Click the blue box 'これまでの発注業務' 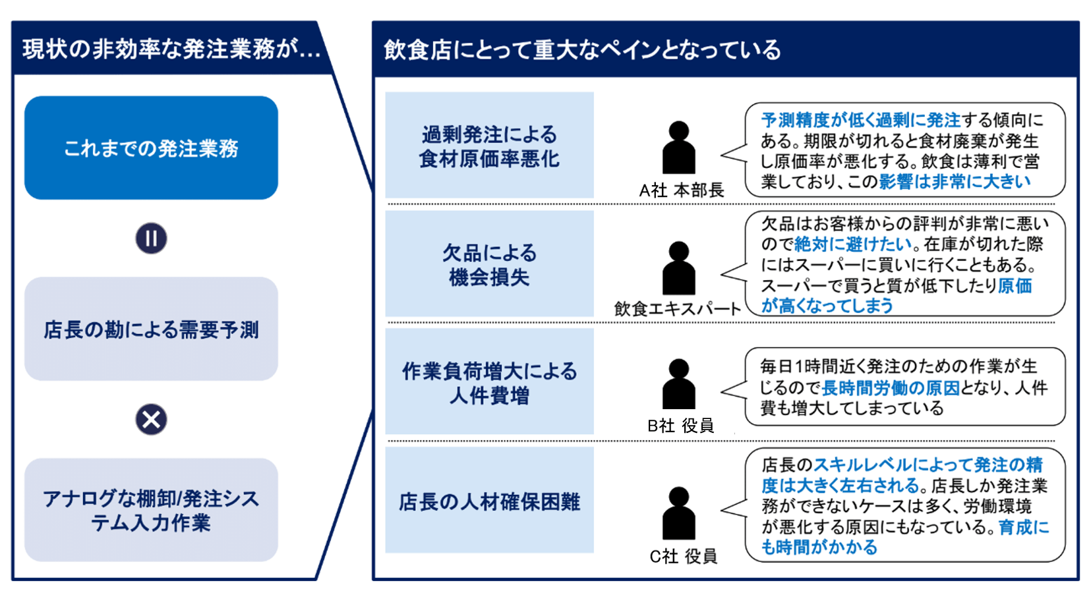click(151, 148)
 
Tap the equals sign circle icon click(151, 239)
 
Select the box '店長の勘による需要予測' click(151, 329)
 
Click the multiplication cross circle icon click(151, 420)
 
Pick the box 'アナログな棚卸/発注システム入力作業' click(151, 510)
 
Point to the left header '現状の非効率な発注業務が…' click(171, 49)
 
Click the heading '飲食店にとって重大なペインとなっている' click(582, 50)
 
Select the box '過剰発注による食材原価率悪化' click(489, 146)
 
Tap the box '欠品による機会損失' click(489, 264)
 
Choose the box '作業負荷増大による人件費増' click(489, 382)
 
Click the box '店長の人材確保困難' click(489, 501)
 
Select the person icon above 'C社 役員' click(678, 513)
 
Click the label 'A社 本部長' click(681, 190)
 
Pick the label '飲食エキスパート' click(677, 308)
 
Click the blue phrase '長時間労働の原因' click(890, 388)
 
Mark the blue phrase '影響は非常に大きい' click(954, 182)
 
